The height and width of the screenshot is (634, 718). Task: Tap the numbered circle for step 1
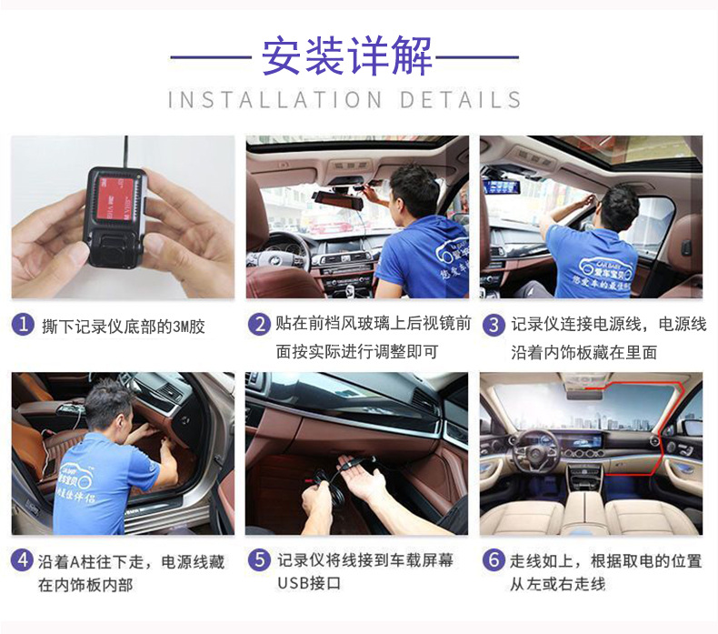(x=24, y=325)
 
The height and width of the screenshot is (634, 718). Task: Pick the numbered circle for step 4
(x=24, y=561)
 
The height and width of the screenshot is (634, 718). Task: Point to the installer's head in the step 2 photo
(x=415, y=189)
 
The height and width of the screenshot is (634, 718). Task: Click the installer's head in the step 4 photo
(x=107, y=405)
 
